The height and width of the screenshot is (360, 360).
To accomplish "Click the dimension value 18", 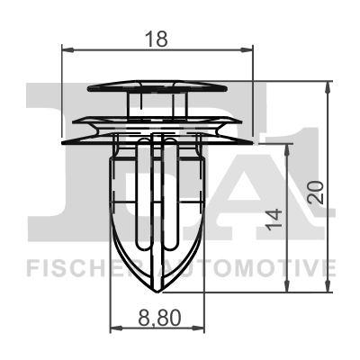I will click(x=157, y=40).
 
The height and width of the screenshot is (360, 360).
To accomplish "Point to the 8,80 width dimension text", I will click(x=158, y=317).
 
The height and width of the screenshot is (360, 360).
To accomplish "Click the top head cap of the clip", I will click(x=158, y=85).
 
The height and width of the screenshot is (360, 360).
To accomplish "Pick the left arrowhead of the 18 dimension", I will click(x=66, y=52).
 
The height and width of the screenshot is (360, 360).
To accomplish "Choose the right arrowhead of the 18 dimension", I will click(x=251, y=52).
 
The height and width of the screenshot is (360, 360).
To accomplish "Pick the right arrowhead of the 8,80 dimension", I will click(x=204, y=328).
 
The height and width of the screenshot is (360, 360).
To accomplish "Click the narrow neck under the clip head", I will click(x=158, y=103).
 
